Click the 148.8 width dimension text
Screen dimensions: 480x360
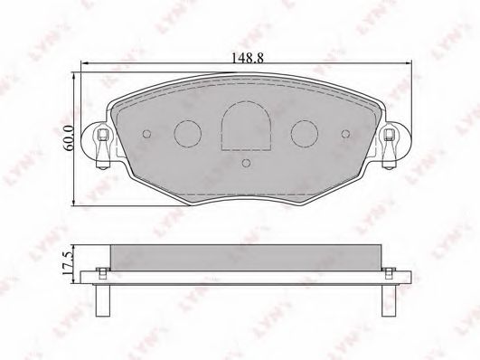tap(247, 58)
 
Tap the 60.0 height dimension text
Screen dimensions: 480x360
tap(69, 137)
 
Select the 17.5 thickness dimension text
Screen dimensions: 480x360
tap(68, 262)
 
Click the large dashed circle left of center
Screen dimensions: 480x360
tap(188, 134)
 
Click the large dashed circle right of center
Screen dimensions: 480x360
tap(305, 134)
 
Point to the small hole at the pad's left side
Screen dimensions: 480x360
tap(147, 134)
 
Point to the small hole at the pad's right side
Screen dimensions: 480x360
tap(345, 134)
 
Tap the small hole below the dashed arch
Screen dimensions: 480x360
tap(246, 163)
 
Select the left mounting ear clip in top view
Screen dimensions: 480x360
tap(102, 148)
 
